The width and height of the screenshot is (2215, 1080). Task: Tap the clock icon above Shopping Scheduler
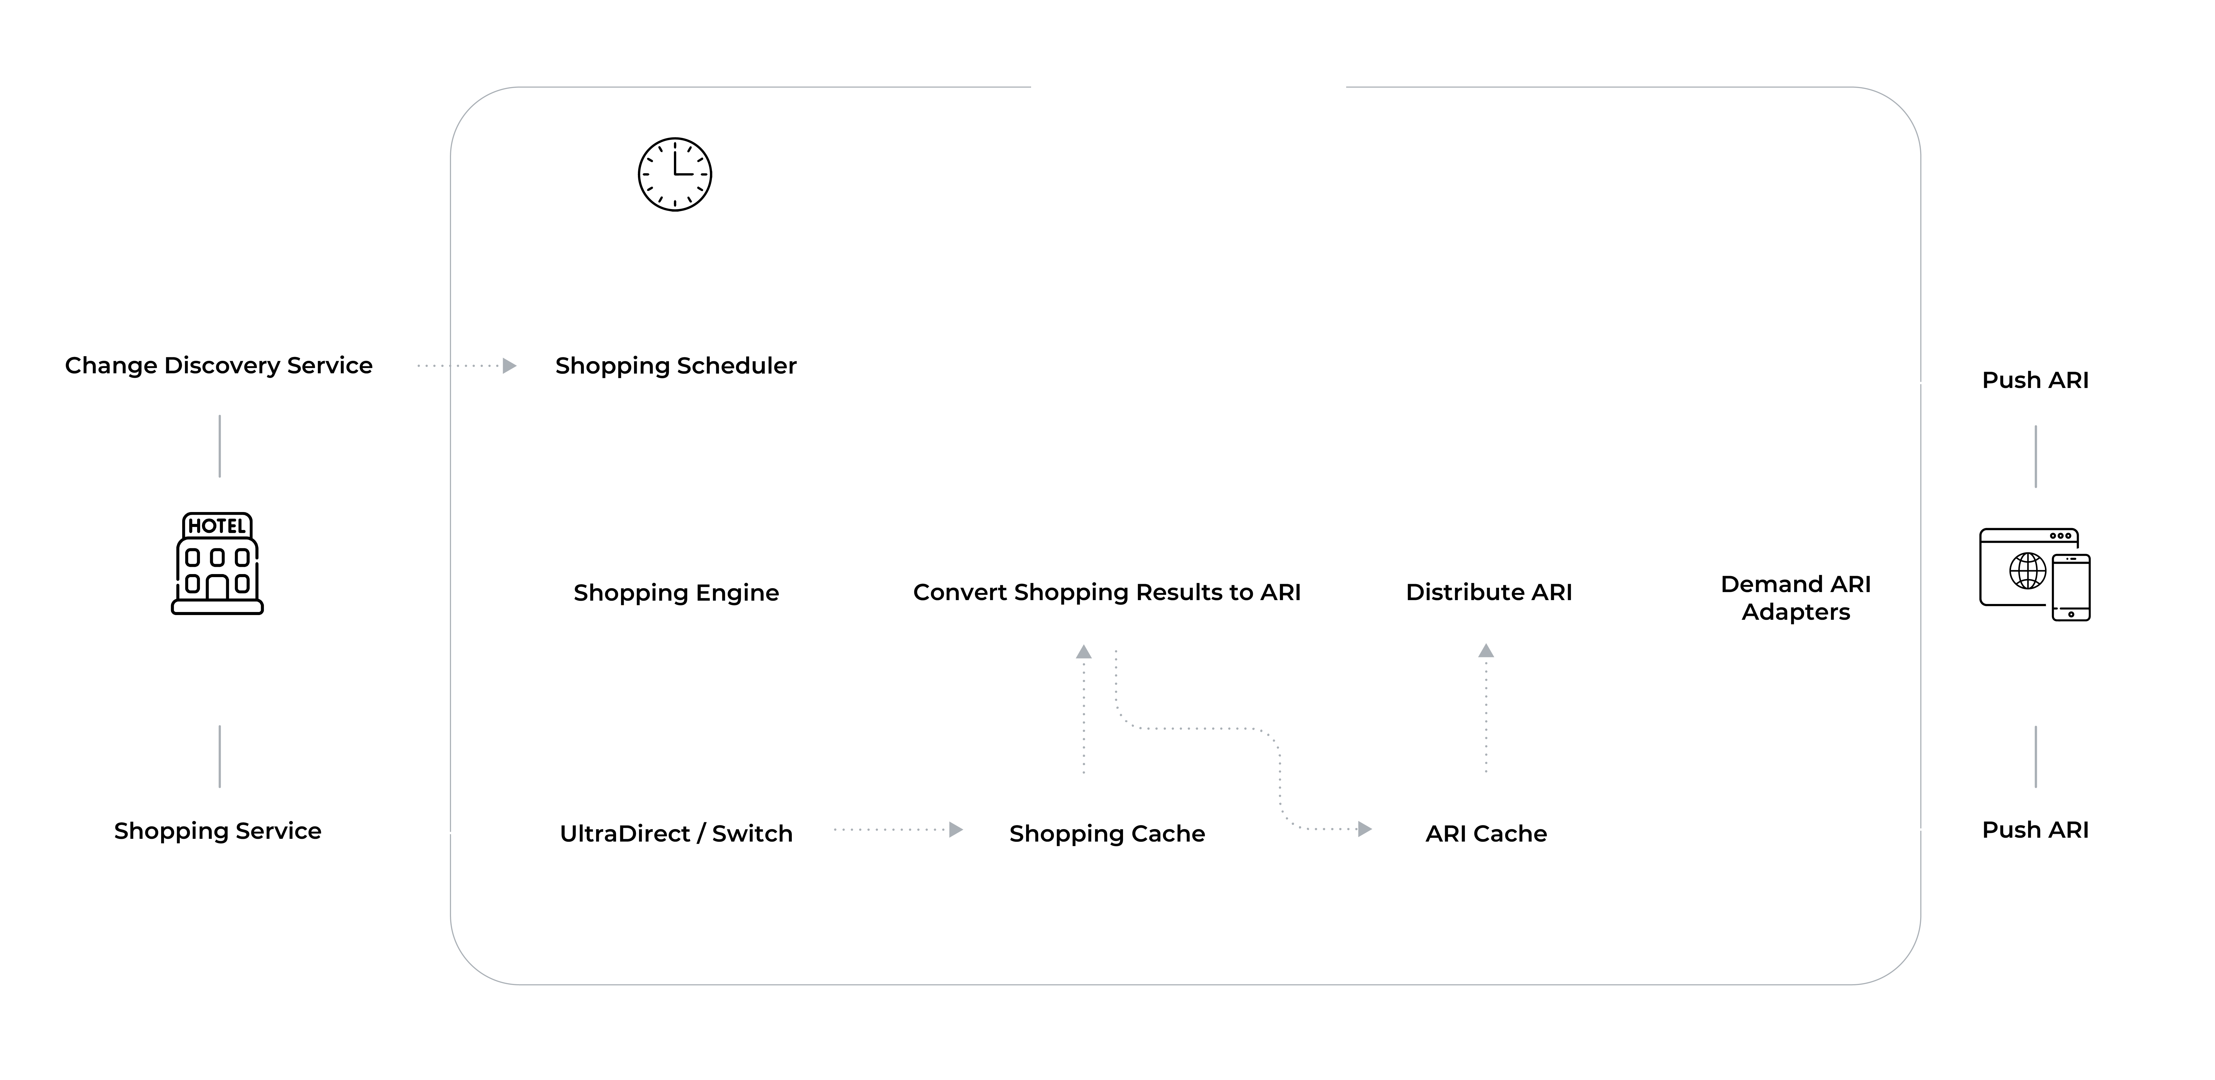click(x=675, y=174)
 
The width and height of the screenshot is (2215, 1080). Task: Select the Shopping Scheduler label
click(x=676, y=366)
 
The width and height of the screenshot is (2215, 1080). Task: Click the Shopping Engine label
click(x=676, y=592)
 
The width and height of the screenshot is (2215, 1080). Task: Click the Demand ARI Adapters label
click(x=1795, y=598)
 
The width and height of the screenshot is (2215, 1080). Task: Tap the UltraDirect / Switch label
click(x=676, y=833)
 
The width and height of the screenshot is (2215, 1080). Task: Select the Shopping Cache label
click(x=1107, y=833)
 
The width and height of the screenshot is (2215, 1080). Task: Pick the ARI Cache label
click(x=1486, y=833)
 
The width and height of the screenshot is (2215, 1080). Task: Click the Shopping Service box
click(x=218, y=831)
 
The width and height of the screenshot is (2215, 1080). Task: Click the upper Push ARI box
click(x=2035, y=380)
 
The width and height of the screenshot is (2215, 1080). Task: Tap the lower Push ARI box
click(x=2035, y=830)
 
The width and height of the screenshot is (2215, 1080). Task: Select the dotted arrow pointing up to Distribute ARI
click(x=1486, y=709)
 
